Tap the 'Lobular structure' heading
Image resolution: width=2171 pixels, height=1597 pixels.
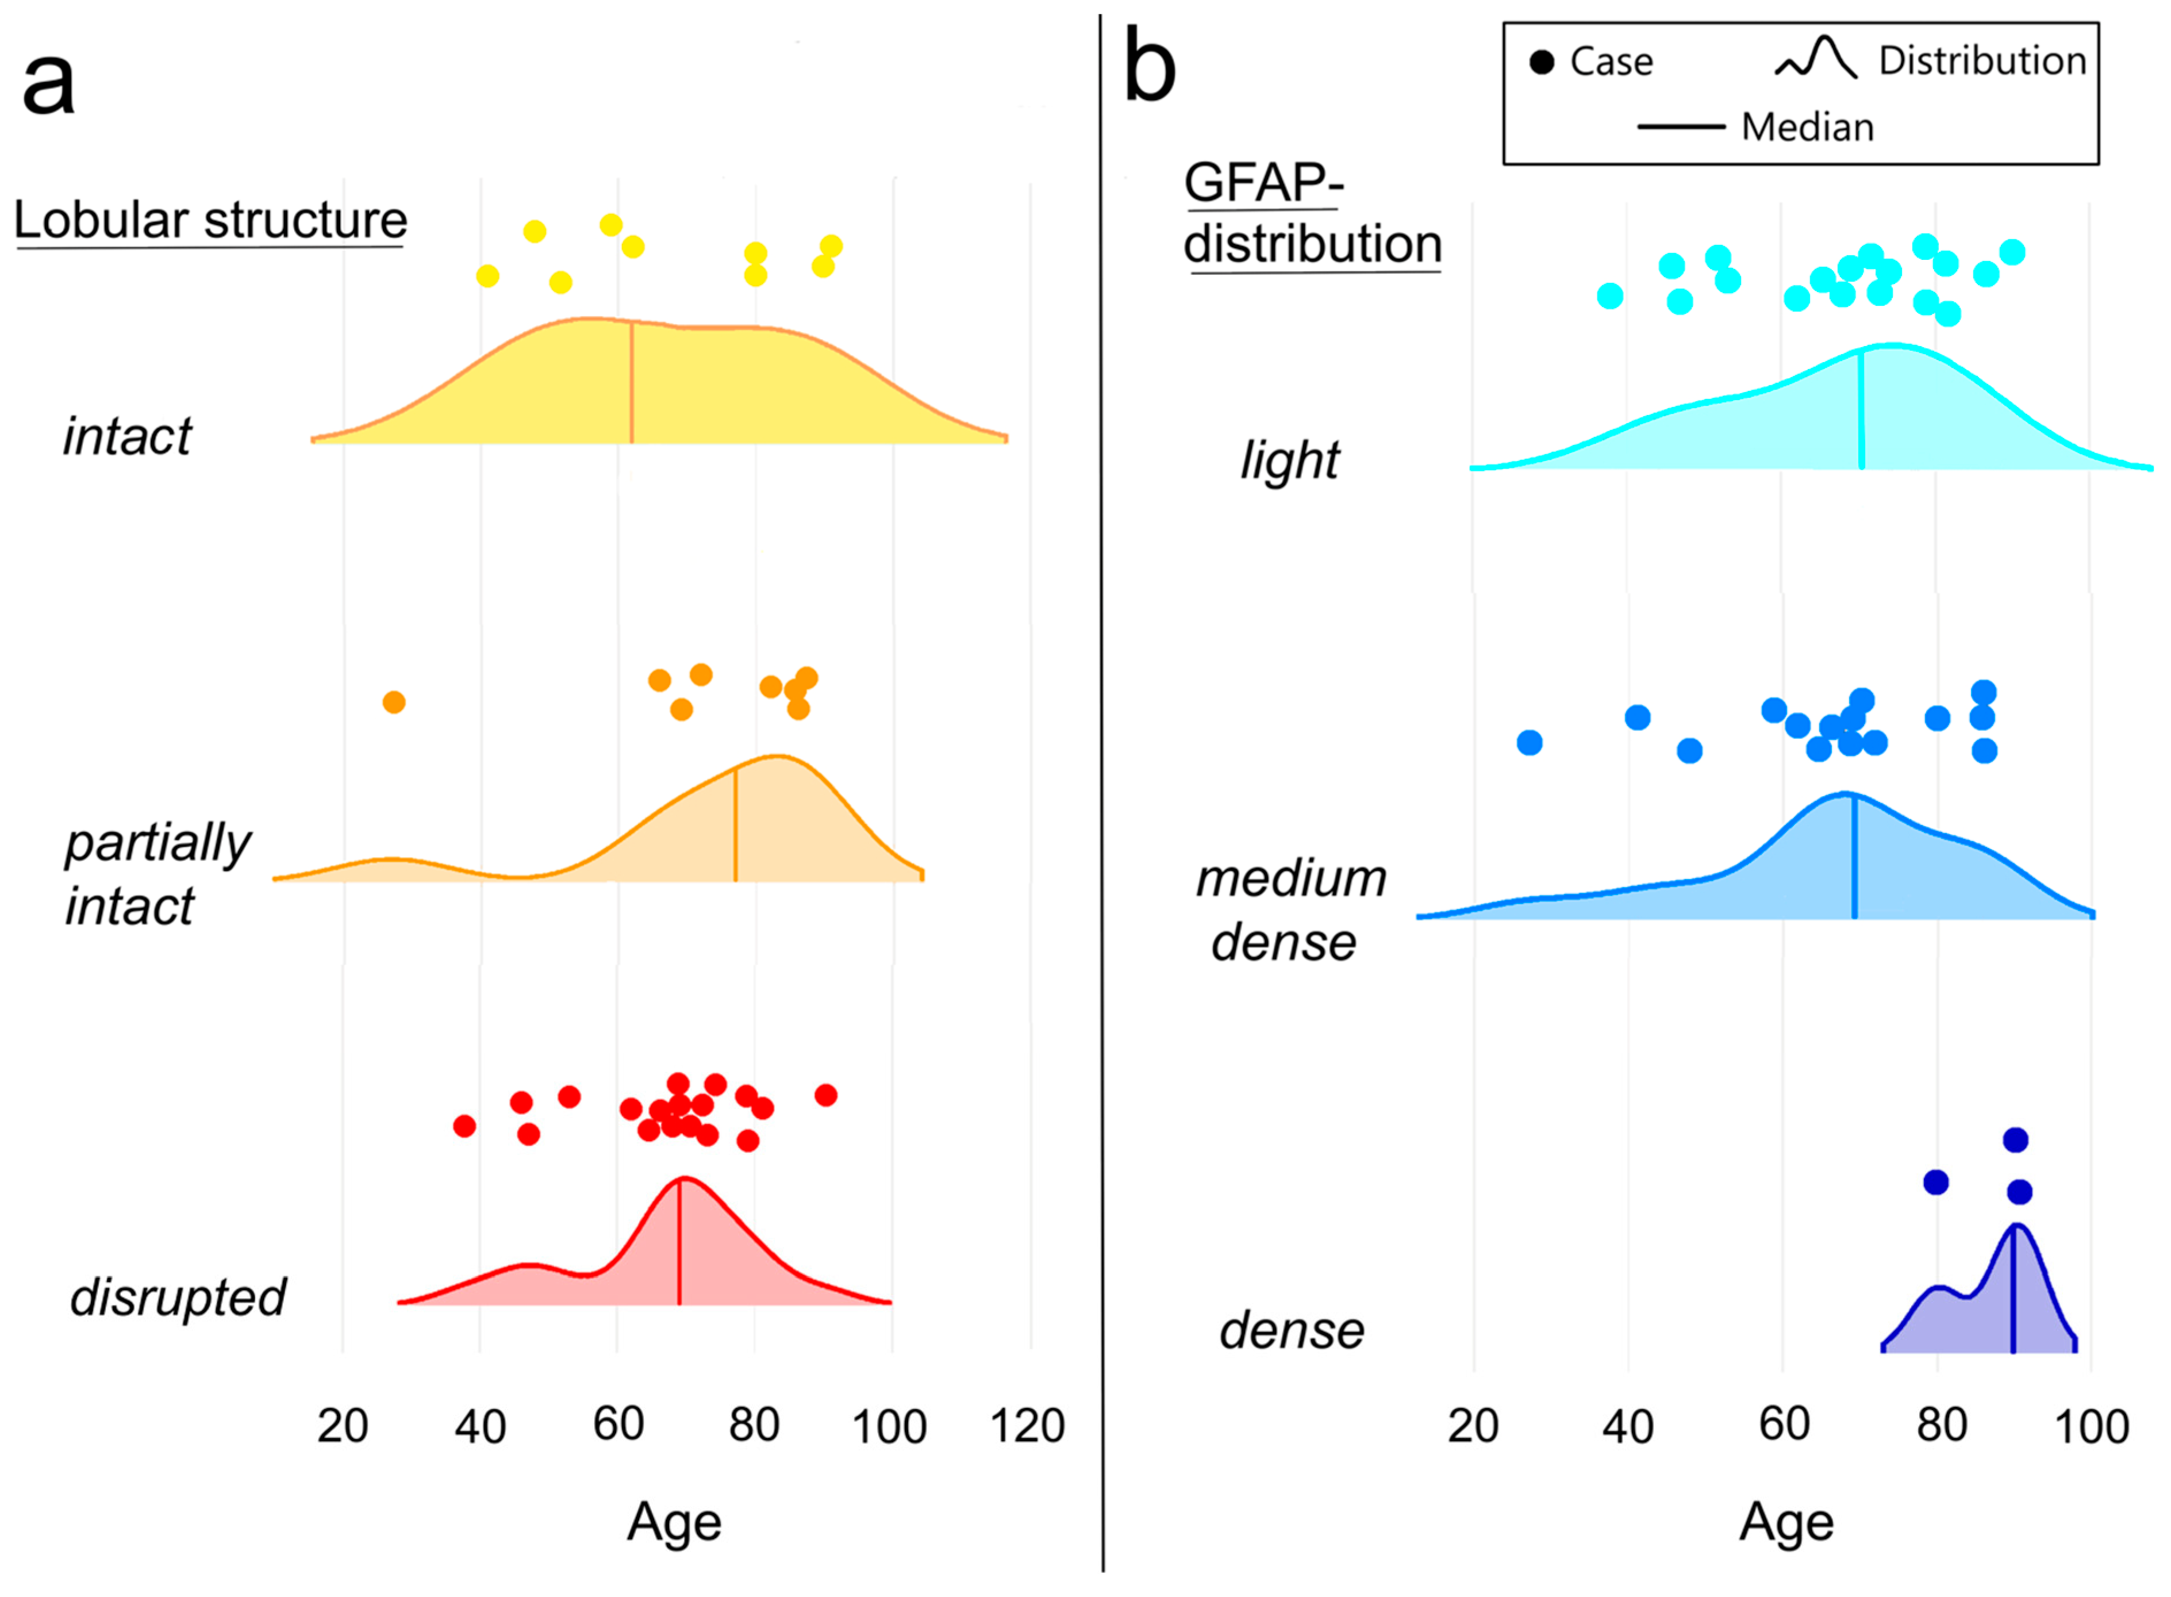tap(211, 220)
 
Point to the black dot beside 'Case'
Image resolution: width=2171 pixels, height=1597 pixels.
tap(1542, 62)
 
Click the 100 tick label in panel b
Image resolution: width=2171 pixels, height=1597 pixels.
tap(2091, 1427)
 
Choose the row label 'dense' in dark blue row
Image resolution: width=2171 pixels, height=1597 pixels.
tap(1292, 1331)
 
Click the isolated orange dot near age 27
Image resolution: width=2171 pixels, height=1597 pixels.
tap(393, 702)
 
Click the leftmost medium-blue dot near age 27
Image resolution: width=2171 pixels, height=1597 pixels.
tap(1529, 742)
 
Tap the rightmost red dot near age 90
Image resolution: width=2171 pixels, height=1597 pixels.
tap(825, 1095)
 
